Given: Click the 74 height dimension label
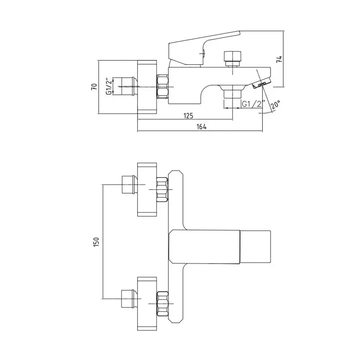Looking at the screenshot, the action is click(279, 59).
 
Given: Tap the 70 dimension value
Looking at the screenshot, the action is click(94, 86).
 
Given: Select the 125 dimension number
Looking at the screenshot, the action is click(188, 116).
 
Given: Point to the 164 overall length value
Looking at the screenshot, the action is click(202, 126).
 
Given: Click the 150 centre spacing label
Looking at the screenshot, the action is click(96, 242).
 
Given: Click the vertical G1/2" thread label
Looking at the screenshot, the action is click(109, 86).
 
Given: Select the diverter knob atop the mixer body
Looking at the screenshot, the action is click(233, 59).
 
